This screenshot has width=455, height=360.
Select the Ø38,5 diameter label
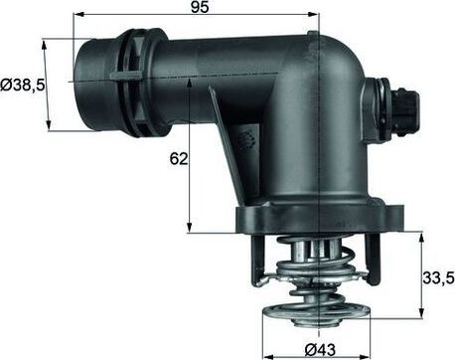22,86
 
